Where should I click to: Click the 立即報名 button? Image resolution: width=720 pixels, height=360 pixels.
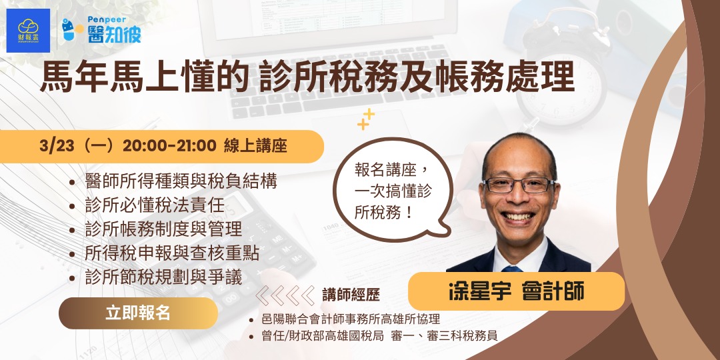[138, 313]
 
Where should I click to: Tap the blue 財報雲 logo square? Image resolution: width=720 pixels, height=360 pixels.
[28, 31]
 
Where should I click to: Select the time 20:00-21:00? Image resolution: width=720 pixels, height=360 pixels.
[169, 146]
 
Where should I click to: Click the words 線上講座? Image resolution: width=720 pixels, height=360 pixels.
[255, 146]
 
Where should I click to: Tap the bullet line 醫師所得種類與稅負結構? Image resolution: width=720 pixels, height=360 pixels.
[181, 181]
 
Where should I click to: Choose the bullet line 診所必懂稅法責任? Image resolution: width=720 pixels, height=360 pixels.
[155, 205]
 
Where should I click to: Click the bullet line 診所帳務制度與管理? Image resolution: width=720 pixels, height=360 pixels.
[163, 229]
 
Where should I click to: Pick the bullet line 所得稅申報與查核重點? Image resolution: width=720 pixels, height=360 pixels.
[172, 253]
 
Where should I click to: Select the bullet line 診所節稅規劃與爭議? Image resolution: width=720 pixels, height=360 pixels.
[163, 277]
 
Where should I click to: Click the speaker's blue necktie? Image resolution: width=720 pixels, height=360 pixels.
[512, 268]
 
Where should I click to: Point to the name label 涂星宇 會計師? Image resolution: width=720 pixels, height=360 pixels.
[516, 291]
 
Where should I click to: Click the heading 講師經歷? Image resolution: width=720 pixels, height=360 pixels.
[351, 295]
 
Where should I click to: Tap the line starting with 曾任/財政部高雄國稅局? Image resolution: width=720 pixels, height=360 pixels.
[381, 336]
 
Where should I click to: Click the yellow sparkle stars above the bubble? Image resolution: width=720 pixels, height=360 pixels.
[366, 119]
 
